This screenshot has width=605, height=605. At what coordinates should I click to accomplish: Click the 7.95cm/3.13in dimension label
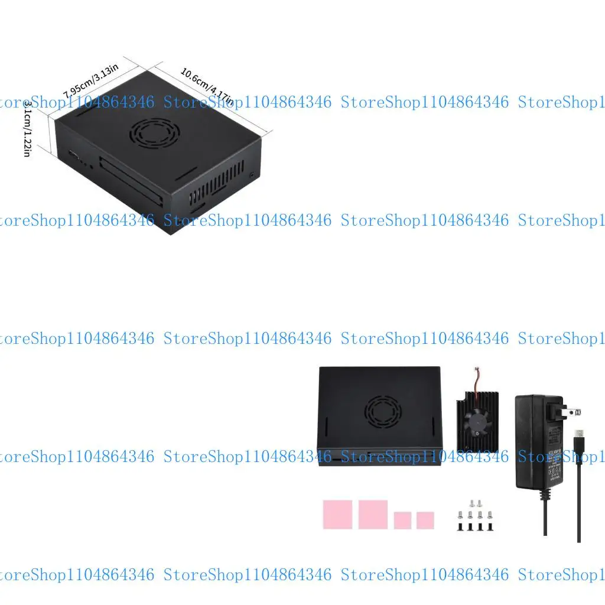pos(92,81)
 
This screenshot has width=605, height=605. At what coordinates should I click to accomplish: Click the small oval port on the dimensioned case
pos(74,155)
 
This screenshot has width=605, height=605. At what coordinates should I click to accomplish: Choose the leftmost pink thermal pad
pos(337,515)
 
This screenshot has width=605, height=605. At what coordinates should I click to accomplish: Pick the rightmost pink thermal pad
pos(425,521)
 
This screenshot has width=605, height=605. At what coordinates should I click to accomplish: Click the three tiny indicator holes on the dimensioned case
pos(87,164)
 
